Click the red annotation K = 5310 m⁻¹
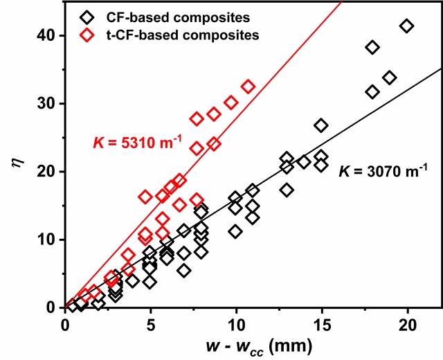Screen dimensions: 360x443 (137, 143)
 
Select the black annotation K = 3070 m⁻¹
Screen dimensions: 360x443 (383, 169)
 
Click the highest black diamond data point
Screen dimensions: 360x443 (406, 26)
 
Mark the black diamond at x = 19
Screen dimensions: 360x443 (390, 78)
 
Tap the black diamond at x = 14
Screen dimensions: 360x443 (304, 162)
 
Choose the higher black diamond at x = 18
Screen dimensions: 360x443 (372, 47)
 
